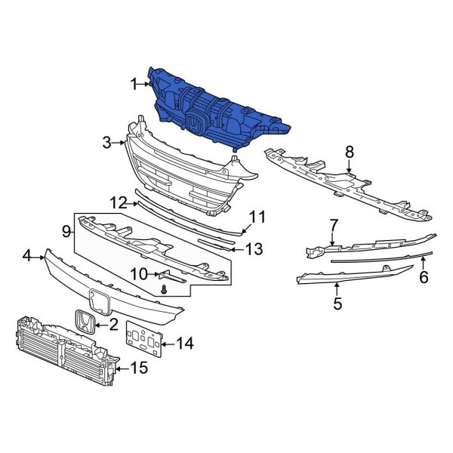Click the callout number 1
134,85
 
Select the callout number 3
107,141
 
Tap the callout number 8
350,153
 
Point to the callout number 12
118,202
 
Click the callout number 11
258,217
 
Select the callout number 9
66,230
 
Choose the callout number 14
184,344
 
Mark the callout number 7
333,225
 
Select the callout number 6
424,277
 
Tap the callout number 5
337,304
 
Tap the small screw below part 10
164,290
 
